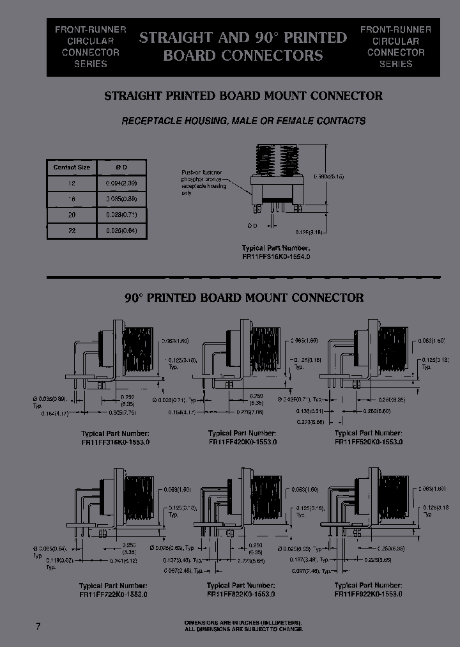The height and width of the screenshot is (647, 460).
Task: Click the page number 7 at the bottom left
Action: point(38,627)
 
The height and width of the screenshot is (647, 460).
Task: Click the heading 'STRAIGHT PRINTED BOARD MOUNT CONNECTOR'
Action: point(243,96)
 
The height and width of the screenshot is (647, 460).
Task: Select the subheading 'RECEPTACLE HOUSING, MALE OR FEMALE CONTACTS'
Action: point(243,120)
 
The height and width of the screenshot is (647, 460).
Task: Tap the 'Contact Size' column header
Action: point(72,168)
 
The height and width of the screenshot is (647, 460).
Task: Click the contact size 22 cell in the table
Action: point(72,230)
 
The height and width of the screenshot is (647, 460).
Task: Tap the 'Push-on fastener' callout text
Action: point(203,173)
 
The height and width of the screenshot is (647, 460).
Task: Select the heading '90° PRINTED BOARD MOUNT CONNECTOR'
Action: point(243,298)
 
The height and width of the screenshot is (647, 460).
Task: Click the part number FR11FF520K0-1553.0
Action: point(369,442)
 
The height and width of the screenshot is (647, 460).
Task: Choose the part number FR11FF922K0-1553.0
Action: point(369,594)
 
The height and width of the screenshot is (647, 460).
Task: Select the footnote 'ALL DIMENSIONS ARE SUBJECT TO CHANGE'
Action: point(243,629)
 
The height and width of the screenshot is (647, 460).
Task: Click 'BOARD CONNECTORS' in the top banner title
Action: point(243,56)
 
